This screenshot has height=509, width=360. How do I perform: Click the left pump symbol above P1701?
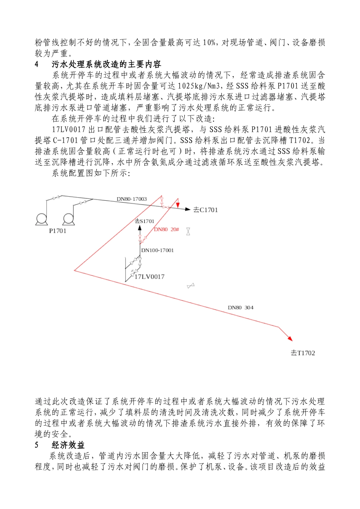(x=41, y=219)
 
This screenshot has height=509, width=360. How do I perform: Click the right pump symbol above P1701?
(x=69, y=219)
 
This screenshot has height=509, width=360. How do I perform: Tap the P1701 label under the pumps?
(x=58, y=231)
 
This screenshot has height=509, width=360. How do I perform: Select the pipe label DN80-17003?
(x=131, y=199)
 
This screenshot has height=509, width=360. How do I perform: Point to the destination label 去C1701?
(x=206, y=210)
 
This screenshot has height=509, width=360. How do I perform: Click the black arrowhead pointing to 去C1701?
(x=187, y=209)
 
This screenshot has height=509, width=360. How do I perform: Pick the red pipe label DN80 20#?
(x=166, y=230)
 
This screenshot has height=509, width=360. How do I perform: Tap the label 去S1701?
(x=144, y=221)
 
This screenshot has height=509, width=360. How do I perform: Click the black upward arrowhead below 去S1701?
(x=139, y=228)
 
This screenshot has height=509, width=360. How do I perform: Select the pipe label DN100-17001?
(x=157, y=250)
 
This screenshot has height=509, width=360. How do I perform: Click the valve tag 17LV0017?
(x=150, y=277)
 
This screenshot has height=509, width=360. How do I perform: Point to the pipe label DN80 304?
(x=241, y=308)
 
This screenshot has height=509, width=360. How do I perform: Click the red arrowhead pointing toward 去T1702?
(x=290, y=338)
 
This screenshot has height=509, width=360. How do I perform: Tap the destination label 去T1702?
(x=303, y=353)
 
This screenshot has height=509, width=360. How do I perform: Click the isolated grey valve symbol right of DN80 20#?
(x=188, y=231)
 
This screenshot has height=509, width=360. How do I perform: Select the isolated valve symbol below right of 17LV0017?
(x=191, y=286)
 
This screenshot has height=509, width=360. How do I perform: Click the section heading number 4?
(x=37, y=64)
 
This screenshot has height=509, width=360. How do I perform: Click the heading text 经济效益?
(x=68, y=445)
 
